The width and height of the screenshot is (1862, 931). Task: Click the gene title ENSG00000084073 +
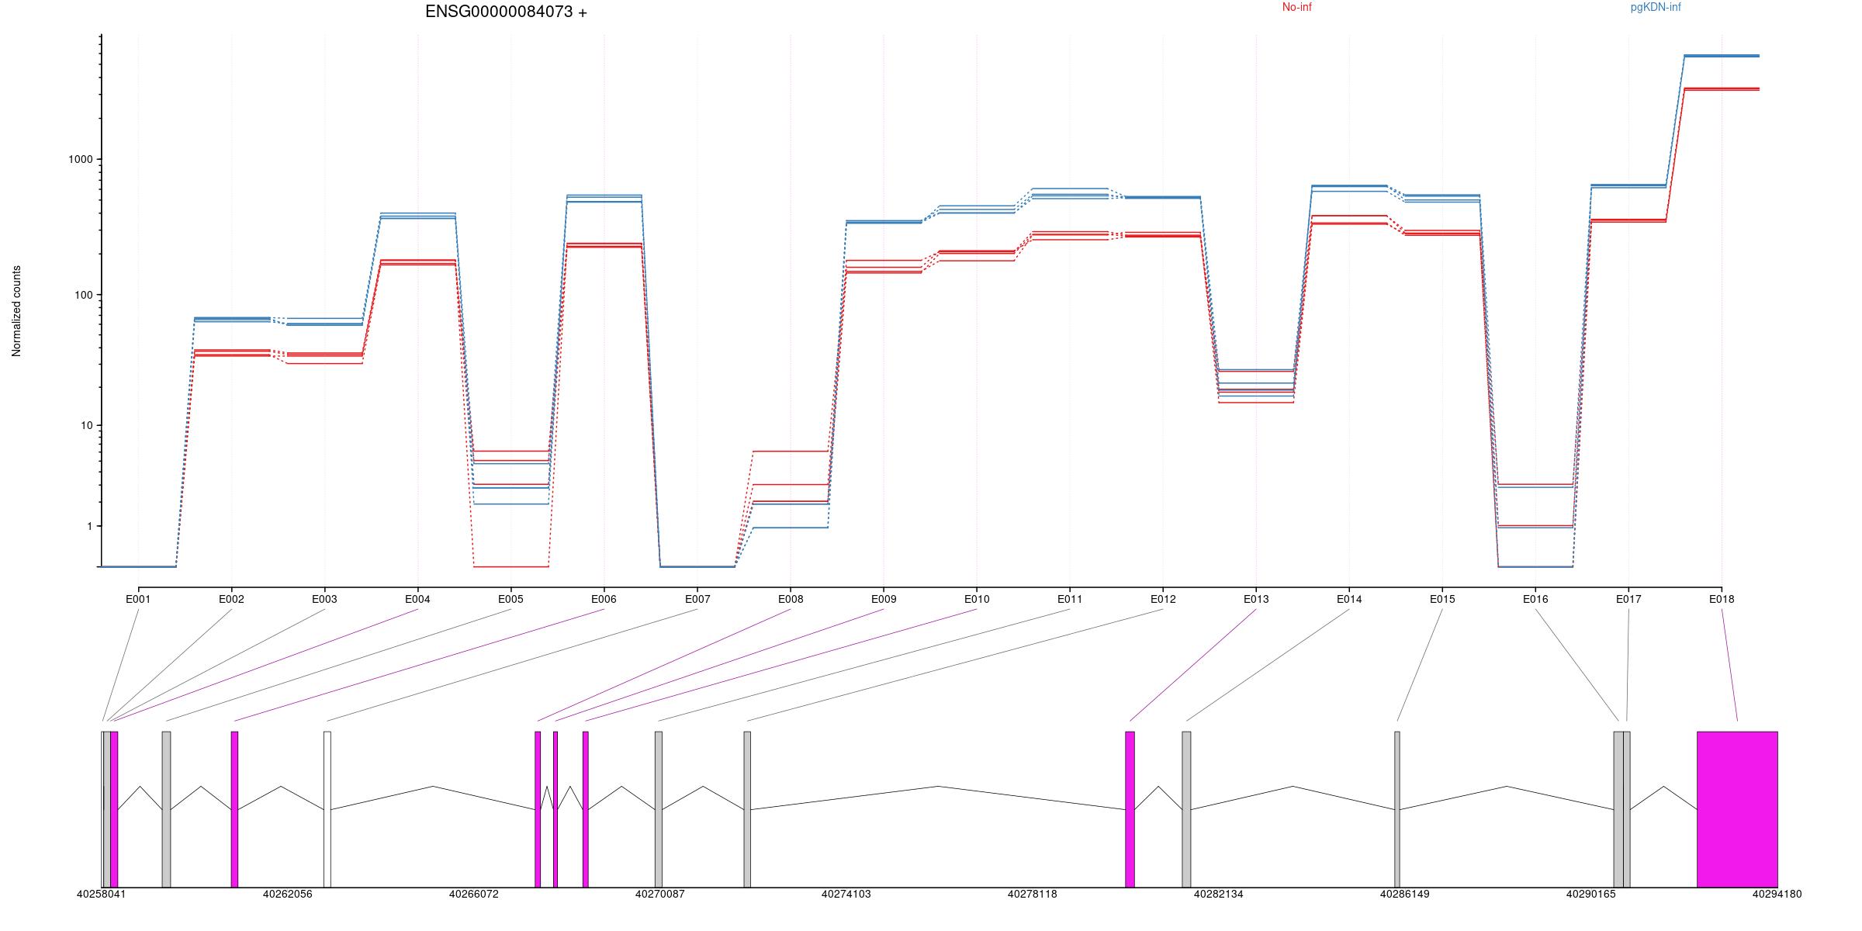506,12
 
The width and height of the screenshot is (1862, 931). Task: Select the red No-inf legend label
1296,8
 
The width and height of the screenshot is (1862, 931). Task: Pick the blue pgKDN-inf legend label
1656,8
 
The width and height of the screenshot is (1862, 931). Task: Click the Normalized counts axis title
17,311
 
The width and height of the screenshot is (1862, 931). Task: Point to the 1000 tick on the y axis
81,159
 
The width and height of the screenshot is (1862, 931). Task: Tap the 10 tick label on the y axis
85,425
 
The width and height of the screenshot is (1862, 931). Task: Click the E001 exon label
138,599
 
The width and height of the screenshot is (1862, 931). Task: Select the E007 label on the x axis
697,599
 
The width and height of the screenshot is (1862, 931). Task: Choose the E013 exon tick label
1256,599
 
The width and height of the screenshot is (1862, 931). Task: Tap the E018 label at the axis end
1722,599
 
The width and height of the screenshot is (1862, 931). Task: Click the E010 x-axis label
977,599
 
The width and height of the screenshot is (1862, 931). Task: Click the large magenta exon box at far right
1737,808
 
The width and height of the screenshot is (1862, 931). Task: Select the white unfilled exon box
327,808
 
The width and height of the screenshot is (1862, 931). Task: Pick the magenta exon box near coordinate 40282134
1130,808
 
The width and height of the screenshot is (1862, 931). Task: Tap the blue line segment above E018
1722,56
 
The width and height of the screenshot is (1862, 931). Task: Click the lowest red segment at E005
510,566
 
